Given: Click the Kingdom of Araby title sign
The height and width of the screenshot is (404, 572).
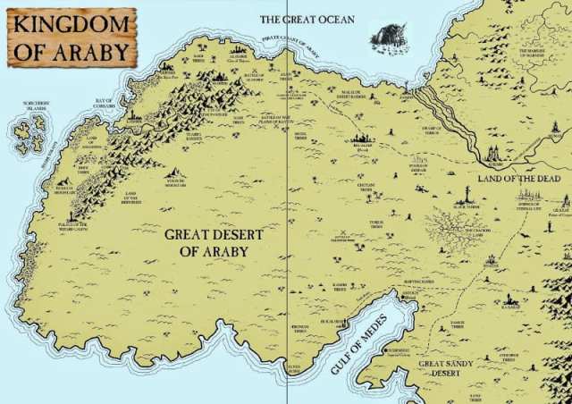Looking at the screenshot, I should [x=72, y=37].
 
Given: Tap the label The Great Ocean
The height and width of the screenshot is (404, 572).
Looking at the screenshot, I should [x=307, y=19].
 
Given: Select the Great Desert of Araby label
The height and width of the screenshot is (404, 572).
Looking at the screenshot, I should [x=214, y=242].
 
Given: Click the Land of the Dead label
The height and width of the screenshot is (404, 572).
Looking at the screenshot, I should [x=519, y=179].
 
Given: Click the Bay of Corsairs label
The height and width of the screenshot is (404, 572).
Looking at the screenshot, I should [x=105, y=103].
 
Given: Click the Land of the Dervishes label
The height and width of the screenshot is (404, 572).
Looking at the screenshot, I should [x=131, y=198].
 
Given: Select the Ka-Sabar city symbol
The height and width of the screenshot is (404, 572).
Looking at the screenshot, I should [x=510, y=299].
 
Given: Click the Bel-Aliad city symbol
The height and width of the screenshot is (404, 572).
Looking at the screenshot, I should [x=362, y=138].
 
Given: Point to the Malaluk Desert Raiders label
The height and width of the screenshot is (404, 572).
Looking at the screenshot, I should [x=356, y=94].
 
